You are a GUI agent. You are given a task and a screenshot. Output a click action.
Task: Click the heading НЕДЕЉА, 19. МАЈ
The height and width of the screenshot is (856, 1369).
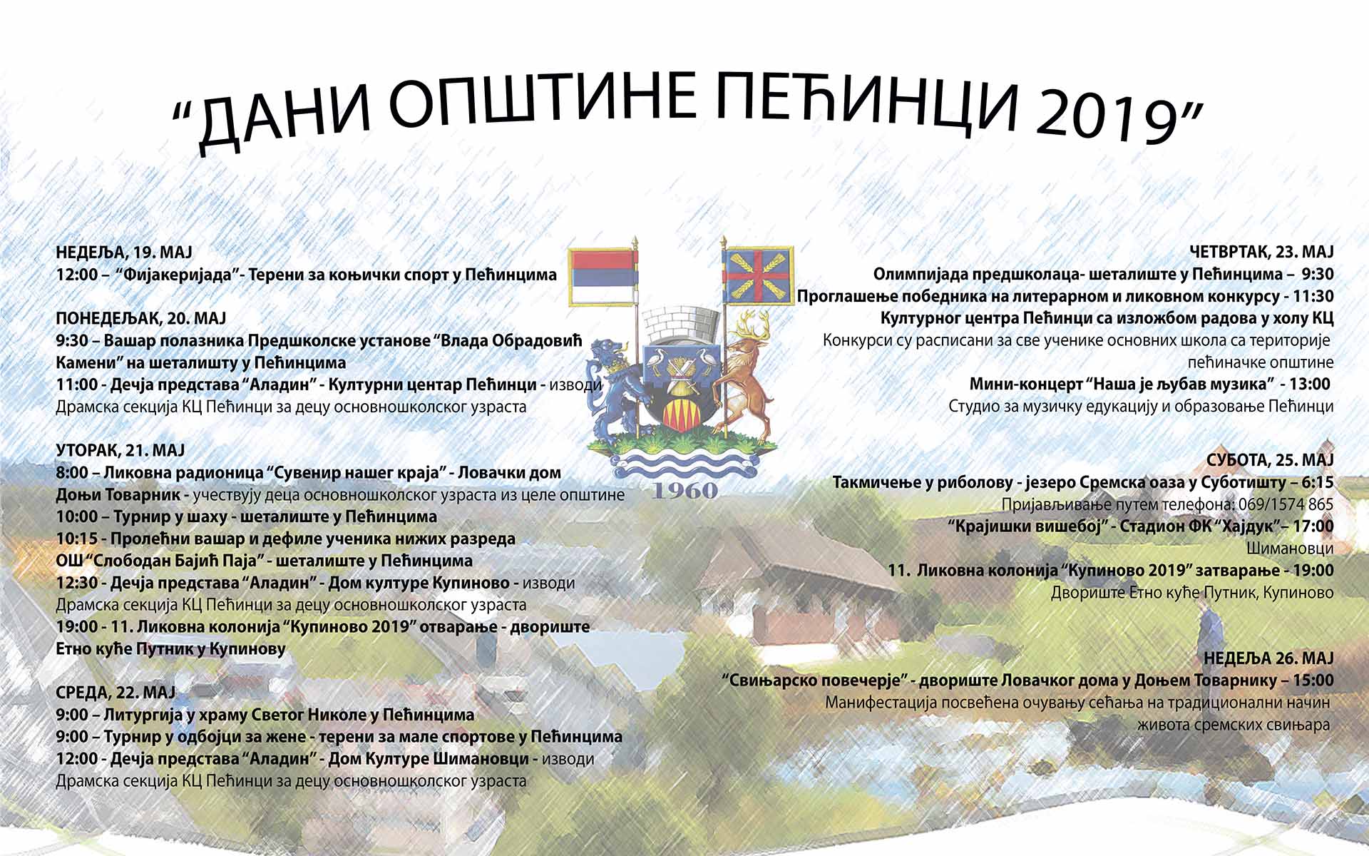pyautogui.click(x=124, y=253)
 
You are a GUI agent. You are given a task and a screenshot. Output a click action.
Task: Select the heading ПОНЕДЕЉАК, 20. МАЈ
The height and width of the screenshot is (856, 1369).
pyautogui.click(x=141, y=319)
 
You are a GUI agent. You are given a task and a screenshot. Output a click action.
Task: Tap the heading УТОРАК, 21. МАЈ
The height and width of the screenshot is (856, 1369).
pyautogui.click(x=121, y=451)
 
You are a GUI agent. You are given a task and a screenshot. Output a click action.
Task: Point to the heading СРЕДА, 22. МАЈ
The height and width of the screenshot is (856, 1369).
pyautogui.click(x=116, y=693)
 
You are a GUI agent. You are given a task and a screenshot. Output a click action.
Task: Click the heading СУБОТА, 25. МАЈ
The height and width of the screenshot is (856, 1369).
pyautogui.click(x=1270, y=460)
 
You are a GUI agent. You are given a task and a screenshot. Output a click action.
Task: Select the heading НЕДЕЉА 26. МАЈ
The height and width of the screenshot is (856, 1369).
pyautogui.click(x=1268, y=658)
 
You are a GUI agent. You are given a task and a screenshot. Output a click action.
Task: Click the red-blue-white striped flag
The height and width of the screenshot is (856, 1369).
pyautogui.click(x=602, y=277)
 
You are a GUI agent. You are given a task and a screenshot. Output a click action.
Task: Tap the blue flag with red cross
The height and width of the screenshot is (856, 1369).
pyautogui.click(x=759, y=275)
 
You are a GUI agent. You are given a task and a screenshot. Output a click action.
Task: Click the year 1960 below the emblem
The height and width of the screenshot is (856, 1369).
pyautogui.click(x=684, y=490)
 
